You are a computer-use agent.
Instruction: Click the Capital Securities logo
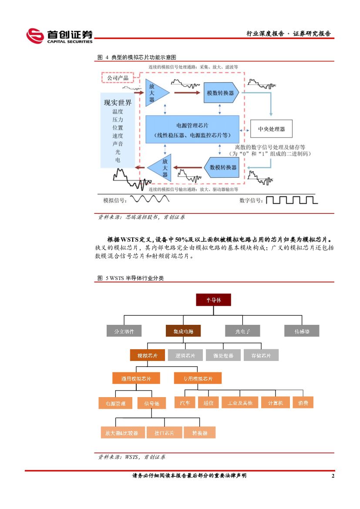click(59, 36)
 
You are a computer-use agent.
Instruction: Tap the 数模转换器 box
click(222, 167)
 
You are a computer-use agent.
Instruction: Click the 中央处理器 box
click(271, 129)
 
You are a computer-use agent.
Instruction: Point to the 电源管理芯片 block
click(192, 129)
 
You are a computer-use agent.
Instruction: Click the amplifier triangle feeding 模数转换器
click(155, 93)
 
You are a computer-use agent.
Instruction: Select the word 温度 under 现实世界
click(118, 111)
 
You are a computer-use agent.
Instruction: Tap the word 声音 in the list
click(118, 144)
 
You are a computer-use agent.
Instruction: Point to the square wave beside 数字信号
click(291, 200)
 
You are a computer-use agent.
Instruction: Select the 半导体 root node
click(213, 300)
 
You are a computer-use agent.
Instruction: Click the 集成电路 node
click(183, 331)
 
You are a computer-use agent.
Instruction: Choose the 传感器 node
click(302, 331)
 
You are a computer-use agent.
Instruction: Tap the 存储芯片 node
click(261, 355)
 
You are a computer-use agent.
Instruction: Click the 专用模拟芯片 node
click(198, 378)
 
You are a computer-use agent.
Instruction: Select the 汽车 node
click(185, 403)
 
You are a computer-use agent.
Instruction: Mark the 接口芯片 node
click(164, 432)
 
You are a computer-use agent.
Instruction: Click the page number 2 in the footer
click(333, 476)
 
